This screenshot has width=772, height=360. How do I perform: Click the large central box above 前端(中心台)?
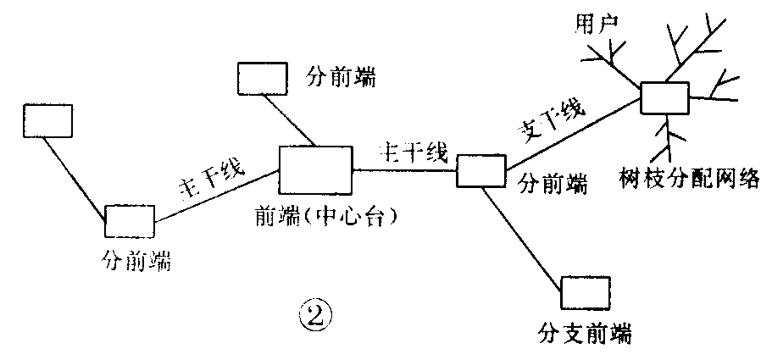315,169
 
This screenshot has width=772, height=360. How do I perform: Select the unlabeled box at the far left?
47,120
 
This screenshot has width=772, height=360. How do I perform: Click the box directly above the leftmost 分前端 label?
130,222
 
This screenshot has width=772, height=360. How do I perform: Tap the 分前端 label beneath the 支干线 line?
553,183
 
